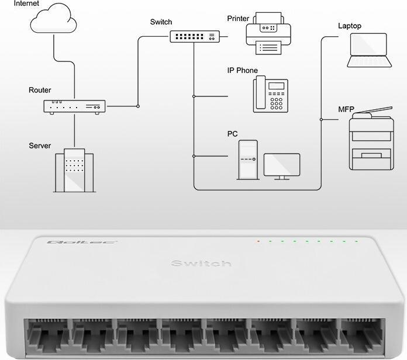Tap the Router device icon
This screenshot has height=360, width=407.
coord(74,106)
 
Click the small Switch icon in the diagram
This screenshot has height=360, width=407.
coord(194,36)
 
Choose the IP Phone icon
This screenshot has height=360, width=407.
coord(271,94)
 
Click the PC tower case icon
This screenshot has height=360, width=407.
coord(247,159)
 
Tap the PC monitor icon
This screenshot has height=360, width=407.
coord(282,165)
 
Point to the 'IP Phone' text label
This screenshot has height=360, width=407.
coord(242,71)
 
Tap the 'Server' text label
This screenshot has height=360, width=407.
coord(40,146)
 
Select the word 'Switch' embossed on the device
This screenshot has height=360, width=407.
coord(201,264)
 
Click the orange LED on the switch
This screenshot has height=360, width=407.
coord(257,241)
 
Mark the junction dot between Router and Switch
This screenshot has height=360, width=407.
coord(138,106)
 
